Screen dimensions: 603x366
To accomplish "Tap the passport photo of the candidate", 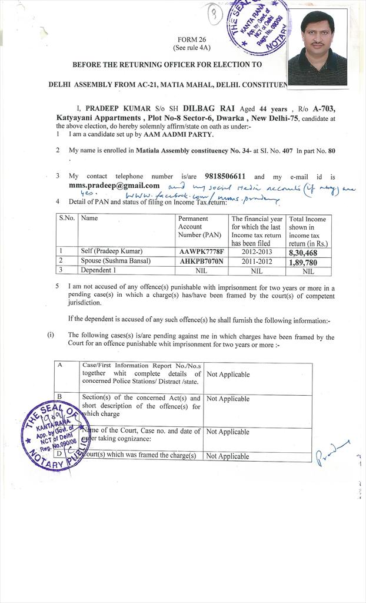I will point(317,49).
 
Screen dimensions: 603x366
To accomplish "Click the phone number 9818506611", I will point(225,176).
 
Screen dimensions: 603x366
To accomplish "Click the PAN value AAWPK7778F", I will point(201,251).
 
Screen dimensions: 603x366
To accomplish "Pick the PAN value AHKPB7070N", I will point(201,261).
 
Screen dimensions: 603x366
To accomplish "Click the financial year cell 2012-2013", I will point(257,251).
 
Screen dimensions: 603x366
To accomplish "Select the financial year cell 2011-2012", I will point(257,261).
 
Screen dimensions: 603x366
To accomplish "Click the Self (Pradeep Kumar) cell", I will point(111,251).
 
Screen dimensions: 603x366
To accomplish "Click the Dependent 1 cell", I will point(98,270).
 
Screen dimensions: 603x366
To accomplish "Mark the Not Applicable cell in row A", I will point(228,375).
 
